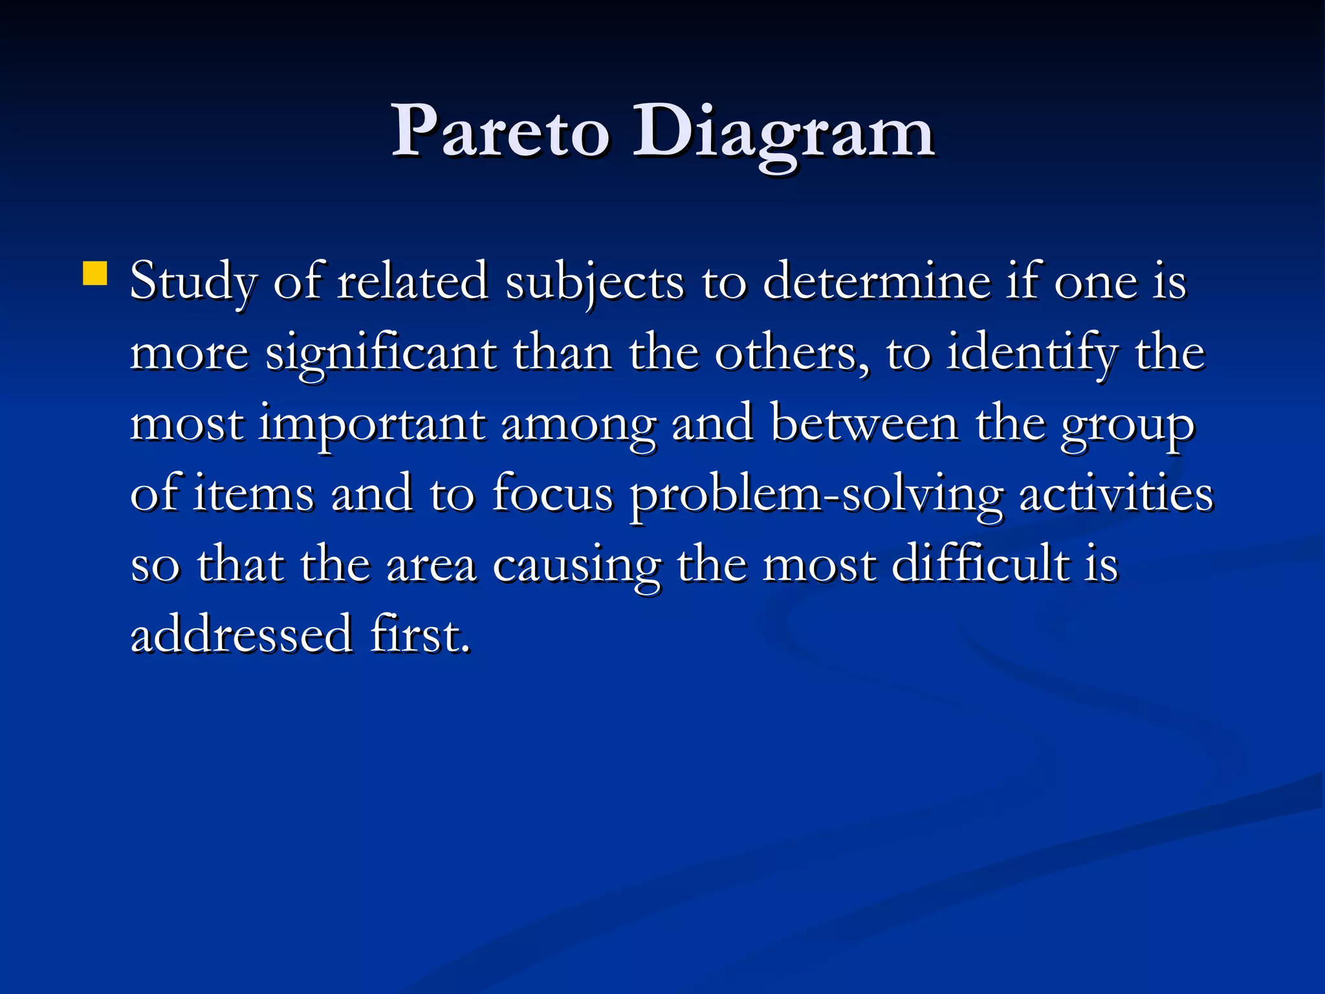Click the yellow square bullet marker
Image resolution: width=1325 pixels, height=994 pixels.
pos(95,273)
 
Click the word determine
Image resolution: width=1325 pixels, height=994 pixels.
pos(877,282)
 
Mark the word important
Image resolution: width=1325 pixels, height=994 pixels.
pos(372,425)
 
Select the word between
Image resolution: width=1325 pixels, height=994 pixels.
pos(864,424)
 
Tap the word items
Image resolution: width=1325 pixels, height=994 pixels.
pos(254,494)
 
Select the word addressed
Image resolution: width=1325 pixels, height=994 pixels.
pos(241,634)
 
